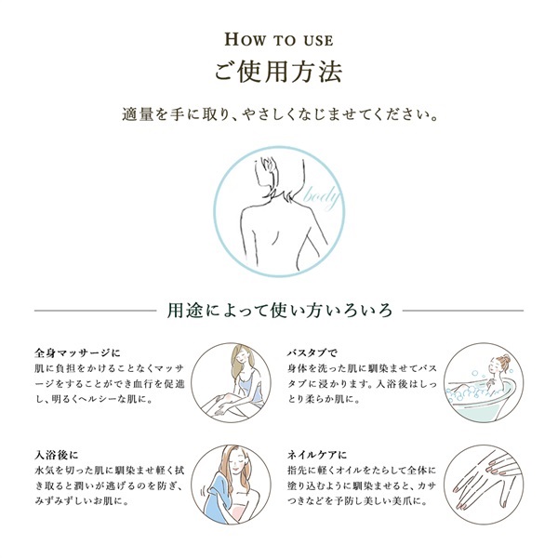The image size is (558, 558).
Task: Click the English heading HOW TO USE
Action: pos(279,40)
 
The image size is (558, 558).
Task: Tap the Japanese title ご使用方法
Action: pos(279,72)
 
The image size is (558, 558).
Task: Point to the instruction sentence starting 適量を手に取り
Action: pos(279,117)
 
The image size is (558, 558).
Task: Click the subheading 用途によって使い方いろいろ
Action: pos(279,308)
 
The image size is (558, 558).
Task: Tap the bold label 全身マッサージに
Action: pos(77,353)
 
